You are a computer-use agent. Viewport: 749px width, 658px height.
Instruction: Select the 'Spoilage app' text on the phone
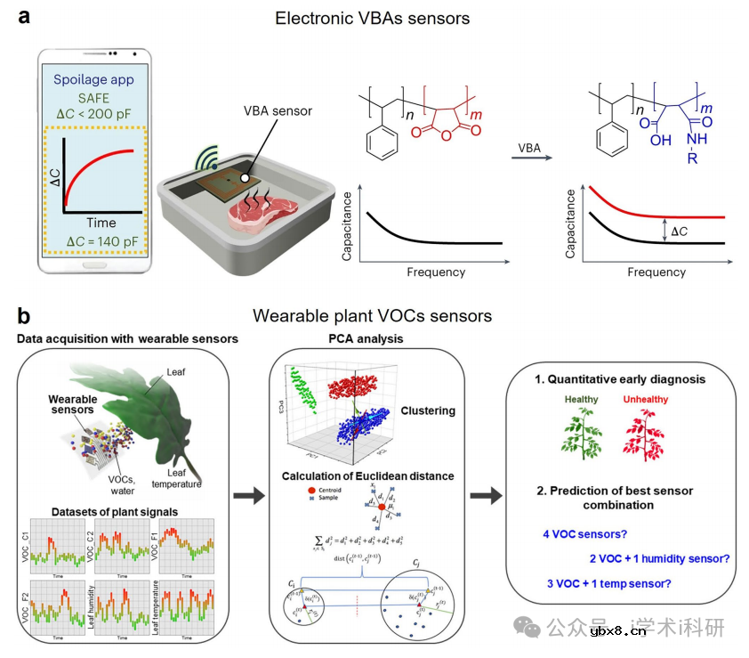[x=93, y=79]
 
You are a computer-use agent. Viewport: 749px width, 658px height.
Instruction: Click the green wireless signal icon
[x=206, y=160]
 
